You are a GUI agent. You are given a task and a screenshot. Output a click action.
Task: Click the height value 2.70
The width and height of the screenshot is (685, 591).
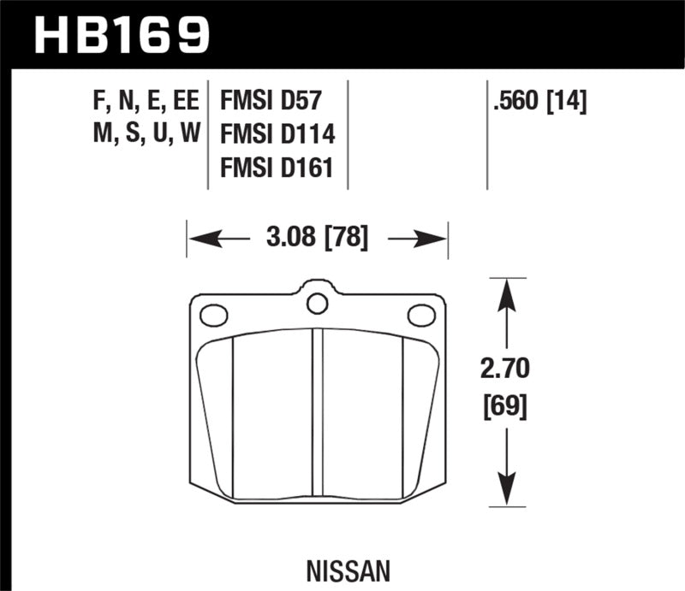point(507,369)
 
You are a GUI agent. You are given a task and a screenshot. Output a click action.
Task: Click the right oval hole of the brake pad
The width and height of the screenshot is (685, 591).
point(421,316)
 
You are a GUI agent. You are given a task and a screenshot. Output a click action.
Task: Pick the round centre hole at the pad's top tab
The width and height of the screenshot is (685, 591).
point(317,303)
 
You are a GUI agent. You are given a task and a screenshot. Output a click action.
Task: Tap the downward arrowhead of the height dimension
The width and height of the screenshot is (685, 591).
point(507,499)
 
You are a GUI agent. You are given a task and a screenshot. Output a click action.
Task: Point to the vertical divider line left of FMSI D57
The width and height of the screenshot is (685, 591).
point(210,137)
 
